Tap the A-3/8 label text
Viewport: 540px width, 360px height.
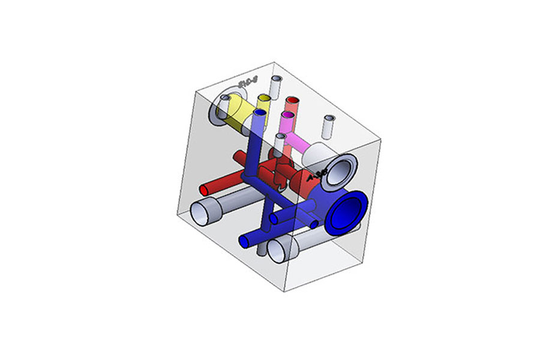tap(316, 176)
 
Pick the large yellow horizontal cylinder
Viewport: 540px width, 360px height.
tap(237, 114)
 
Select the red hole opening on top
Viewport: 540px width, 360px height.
tap(292, 100)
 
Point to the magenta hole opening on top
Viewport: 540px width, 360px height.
tap(288, 114)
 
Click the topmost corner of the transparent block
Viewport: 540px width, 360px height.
tap(274, 62)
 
